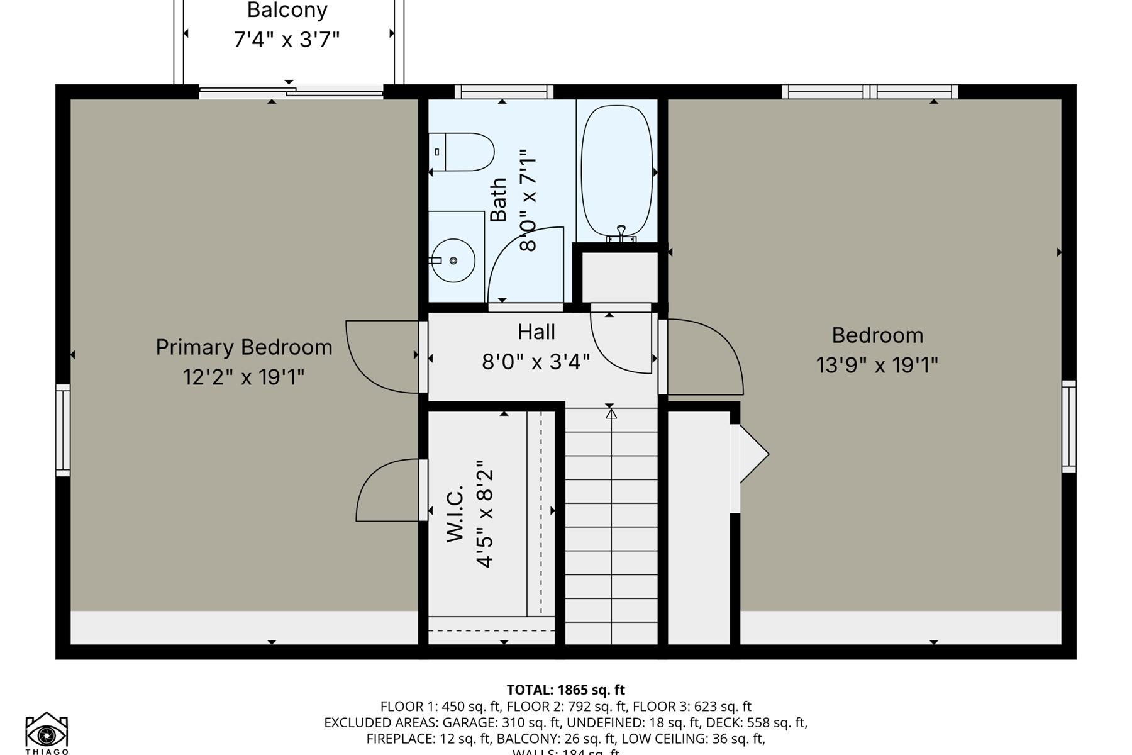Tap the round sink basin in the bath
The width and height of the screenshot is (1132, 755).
point(453,260)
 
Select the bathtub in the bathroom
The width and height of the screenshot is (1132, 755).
point(617,171)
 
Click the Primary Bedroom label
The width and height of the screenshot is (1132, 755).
point(244,347)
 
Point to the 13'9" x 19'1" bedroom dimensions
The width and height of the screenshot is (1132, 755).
point(877,365)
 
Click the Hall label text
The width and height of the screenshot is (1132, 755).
point(536,332)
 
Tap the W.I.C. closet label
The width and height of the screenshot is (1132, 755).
point(455,513)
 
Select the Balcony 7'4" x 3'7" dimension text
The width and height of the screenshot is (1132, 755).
point(287,40)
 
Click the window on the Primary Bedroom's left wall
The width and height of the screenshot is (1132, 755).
point(63,430)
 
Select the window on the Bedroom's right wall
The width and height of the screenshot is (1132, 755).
point(1068,426)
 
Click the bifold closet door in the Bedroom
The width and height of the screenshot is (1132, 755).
point(752,454)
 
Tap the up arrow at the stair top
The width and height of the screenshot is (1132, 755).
point(611,413)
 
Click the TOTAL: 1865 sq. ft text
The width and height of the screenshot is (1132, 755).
point(565,690)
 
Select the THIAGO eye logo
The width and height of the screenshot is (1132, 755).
point(47,732)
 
